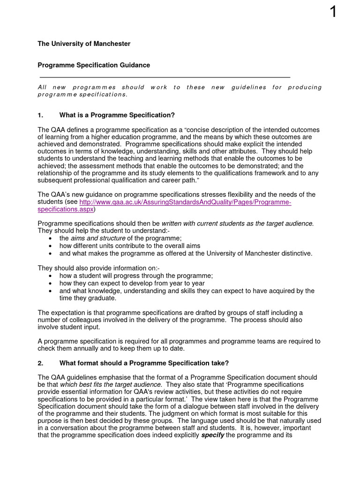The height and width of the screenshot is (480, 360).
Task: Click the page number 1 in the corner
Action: (333, 11)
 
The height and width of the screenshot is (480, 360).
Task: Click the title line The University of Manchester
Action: (84, 44)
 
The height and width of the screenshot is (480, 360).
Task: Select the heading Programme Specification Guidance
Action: (94, 65)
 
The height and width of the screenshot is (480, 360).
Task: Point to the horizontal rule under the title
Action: (165, 77)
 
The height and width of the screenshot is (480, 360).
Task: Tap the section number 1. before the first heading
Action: (40, 115)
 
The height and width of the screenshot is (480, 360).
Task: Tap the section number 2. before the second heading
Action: (40, 363)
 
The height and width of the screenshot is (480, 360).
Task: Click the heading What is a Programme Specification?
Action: (117, 115)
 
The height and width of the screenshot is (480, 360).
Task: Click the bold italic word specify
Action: (212, 435)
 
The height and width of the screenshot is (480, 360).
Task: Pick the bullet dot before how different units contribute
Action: (50, 246)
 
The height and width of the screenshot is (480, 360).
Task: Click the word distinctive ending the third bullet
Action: (294, 253)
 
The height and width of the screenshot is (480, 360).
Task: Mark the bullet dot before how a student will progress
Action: (50, 276)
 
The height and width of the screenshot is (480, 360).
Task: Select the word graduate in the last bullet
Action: (102, 298)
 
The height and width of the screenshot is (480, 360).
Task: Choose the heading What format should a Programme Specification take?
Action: (144, 363)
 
